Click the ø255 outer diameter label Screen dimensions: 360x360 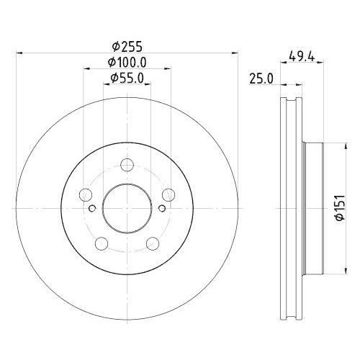(127, 42)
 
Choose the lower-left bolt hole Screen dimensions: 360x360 (102, 243)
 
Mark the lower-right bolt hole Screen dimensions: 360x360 (153, 243)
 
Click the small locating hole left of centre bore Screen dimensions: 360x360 (92, 210)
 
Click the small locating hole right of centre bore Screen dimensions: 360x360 (163, 210)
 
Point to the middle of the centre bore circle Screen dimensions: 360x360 (127, 210)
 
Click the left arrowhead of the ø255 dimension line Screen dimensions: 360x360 (19, 52)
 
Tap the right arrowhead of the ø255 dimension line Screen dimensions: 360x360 (235, 52)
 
